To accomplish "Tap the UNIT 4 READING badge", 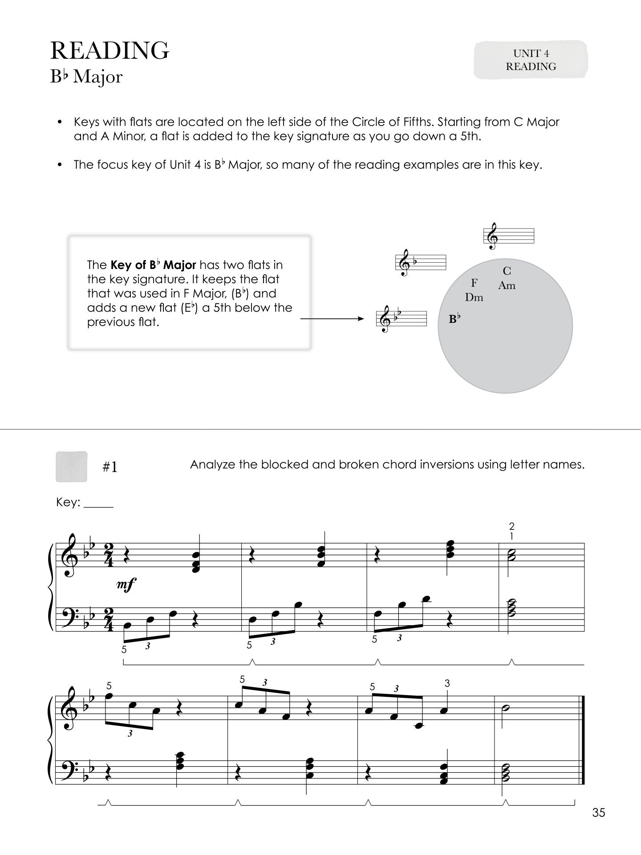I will [531, 60].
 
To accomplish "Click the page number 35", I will [599, 813].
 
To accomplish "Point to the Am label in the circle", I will [507, 285].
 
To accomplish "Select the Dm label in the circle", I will [474, 297].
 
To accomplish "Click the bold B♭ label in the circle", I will [454, 319].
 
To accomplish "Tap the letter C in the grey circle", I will [507, 271].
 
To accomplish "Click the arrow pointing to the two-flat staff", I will [332, 319].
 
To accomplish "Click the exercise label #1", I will [110, 467].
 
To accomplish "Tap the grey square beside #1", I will [71, 467].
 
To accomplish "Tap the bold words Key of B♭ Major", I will [153, 265].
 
